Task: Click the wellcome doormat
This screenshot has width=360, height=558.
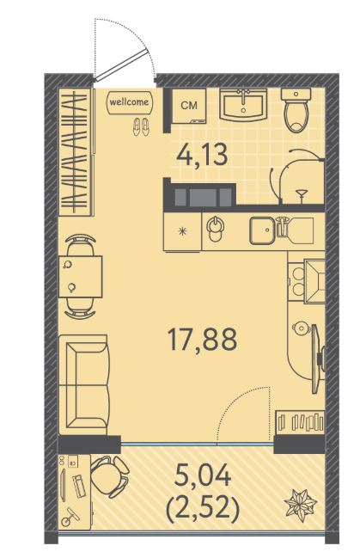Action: coord(129,102)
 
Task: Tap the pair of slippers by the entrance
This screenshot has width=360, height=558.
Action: coord(141,126)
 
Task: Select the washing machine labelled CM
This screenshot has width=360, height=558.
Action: coord(189,106)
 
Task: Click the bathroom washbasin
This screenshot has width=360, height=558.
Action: coord(243,105)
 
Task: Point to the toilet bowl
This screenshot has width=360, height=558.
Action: coord(296,110)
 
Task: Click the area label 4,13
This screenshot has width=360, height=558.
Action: coord(203,156)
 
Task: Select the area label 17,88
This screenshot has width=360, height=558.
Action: coord(203,339)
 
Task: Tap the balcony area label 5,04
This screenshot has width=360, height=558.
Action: coord(203,476)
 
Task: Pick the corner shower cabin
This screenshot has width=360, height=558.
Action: coord(298,177)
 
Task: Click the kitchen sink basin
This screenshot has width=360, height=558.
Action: coord(263,231)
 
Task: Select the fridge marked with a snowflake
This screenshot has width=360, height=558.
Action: coord(182,232)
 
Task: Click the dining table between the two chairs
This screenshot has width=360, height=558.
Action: coord(81,277)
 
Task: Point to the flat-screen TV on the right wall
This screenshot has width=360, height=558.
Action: coord(316,359)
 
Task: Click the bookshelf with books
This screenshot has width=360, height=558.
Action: coord(300,422)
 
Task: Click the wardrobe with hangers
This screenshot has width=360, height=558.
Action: coord(76,152)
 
